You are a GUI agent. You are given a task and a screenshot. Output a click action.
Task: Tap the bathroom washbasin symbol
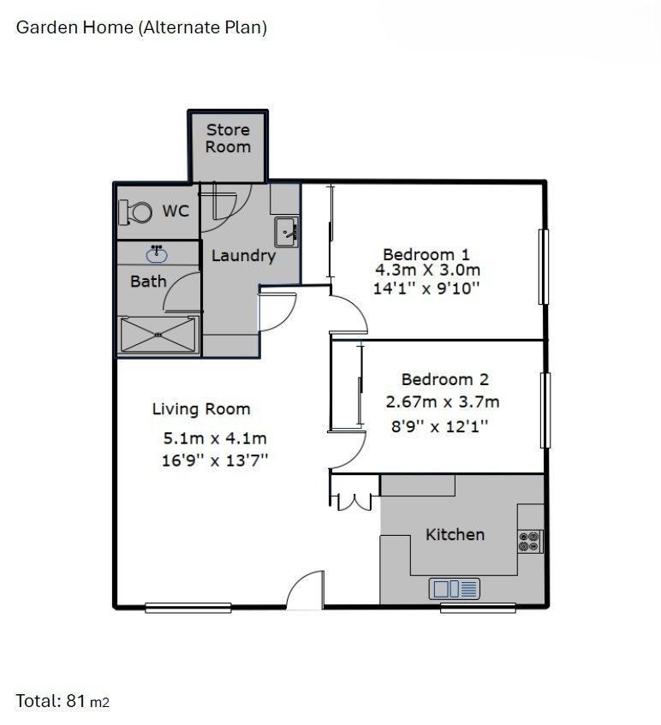point(157,254)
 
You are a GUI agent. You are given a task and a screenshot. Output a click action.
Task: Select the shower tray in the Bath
point(158,334)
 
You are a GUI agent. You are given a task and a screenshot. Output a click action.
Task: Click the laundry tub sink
point(286,229)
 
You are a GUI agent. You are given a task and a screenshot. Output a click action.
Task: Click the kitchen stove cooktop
point(530,541)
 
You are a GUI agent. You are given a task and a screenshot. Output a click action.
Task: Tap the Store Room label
point(228,138)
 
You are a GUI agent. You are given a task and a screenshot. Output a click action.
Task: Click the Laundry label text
point(243,255)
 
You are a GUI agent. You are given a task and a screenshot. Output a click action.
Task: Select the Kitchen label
point(455,534)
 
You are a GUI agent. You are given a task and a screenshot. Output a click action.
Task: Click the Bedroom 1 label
point(426,254)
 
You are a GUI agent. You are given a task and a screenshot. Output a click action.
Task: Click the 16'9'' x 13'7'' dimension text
point(216,460)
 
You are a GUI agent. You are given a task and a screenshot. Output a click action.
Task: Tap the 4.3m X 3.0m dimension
point(426,270)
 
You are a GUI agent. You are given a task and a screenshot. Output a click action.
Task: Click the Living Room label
point(201,409)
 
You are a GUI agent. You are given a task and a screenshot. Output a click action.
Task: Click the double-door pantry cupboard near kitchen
point(352,502)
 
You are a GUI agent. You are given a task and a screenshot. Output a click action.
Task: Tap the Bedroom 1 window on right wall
point(542,266)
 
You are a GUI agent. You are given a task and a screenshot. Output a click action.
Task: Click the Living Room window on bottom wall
point(188,608)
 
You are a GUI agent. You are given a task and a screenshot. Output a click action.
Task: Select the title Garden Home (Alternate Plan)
point(142,27)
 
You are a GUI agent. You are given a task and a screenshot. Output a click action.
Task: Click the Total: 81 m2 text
point(63,701)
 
